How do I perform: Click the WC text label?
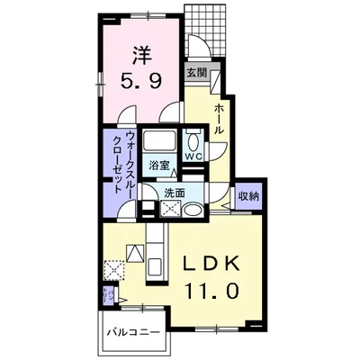[x=193, y=156]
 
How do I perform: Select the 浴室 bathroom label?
[x=160, y=166]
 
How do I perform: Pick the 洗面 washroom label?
[x=175, y=193]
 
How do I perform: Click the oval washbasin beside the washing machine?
[x=191, y=210]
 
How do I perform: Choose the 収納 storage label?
[x=248, y=196]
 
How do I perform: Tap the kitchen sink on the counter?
[x=152, y=266]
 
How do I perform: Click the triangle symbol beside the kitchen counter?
[x=133, y=254]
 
